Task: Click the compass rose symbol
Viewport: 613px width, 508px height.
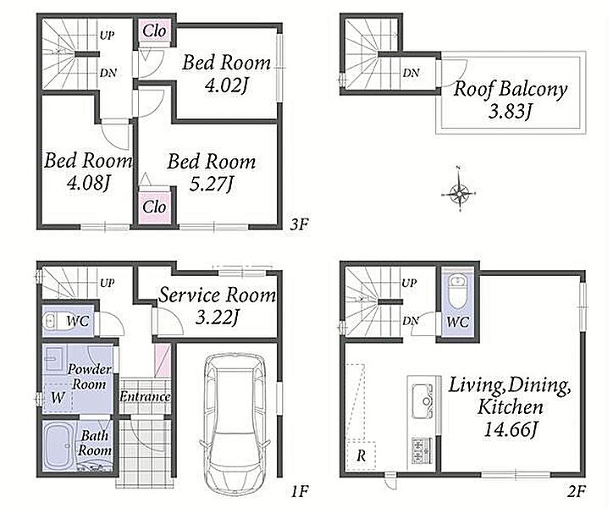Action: click(459, 193)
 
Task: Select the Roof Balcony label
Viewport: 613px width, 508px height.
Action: click(511, 89)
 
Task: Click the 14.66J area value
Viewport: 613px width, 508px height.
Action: click(511, 430)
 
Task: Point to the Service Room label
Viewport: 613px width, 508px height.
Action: click(217, 295)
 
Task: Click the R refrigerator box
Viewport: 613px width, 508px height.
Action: click(362, 456)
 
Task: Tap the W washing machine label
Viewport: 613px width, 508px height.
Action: click(57, 398)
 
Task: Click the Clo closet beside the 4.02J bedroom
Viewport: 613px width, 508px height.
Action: click(154, 30)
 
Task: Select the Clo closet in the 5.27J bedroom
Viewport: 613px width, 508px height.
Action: click(154, 207)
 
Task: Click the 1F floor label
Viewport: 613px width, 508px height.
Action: click(300, 491)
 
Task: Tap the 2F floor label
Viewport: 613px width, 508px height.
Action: click(577, 491)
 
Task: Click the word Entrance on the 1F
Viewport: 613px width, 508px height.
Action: click(145, 396)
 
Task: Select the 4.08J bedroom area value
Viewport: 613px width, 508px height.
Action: click(87, 183)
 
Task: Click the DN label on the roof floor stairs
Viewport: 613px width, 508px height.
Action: click(411, 73)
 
